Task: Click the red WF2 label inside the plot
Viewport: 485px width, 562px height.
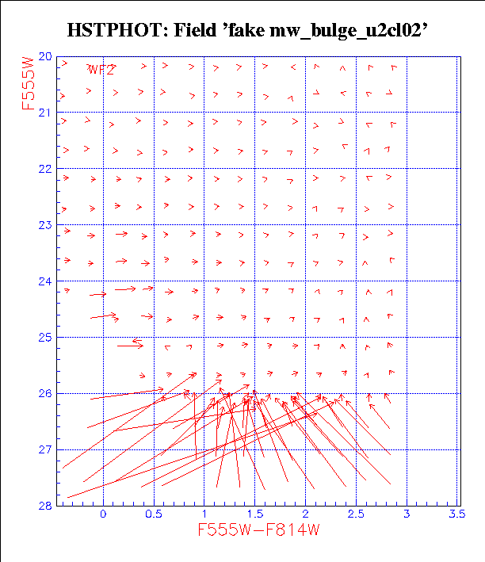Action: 102,70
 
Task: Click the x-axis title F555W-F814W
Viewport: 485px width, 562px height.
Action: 259,530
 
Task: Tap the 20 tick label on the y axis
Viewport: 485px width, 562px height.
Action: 44,57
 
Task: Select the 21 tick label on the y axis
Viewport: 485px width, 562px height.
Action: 44,113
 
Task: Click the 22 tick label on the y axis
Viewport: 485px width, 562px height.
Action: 44,169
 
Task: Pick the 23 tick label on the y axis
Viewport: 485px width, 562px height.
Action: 44,225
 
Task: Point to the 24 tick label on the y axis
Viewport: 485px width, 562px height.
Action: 44,281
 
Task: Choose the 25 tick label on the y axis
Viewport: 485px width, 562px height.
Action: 44,338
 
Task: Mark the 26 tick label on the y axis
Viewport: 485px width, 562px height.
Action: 44,393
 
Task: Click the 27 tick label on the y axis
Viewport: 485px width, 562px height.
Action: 44,449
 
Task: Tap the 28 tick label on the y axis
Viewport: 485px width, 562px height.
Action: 44,505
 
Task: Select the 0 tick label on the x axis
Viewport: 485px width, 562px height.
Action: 104,514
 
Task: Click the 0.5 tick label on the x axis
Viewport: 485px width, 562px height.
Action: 154,514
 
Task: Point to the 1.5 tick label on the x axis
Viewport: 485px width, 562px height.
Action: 254,514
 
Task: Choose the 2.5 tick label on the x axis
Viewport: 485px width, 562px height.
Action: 356,514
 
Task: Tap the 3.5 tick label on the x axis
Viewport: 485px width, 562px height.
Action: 456,514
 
